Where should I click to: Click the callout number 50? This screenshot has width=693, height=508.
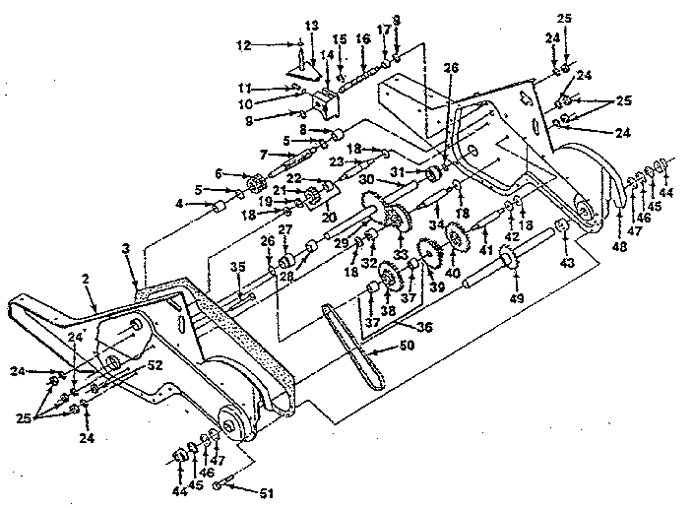point(407,344)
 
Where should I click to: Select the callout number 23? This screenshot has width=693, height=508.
point(337,162)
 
